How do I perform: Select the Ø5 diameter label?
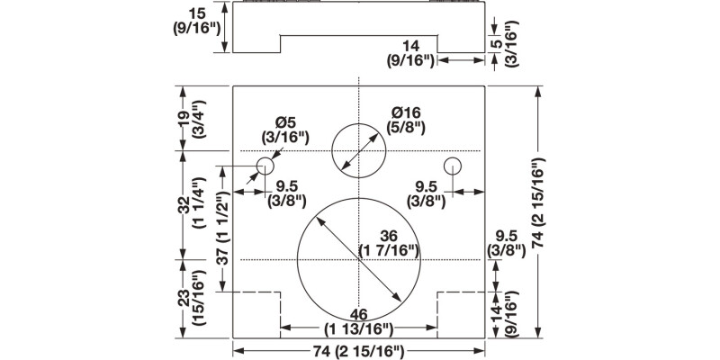(x=285, y=129)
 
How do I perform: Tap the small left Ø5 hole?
(x=265, y=166)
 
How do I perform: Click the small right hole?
(x=453, y=166)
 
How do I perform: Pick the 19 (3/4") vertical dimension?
(x=189, y=117)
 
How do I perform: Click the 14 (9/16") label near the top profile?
(x=410, y=52)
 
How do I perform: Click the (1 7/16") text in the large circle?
(x=390, y=249)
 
